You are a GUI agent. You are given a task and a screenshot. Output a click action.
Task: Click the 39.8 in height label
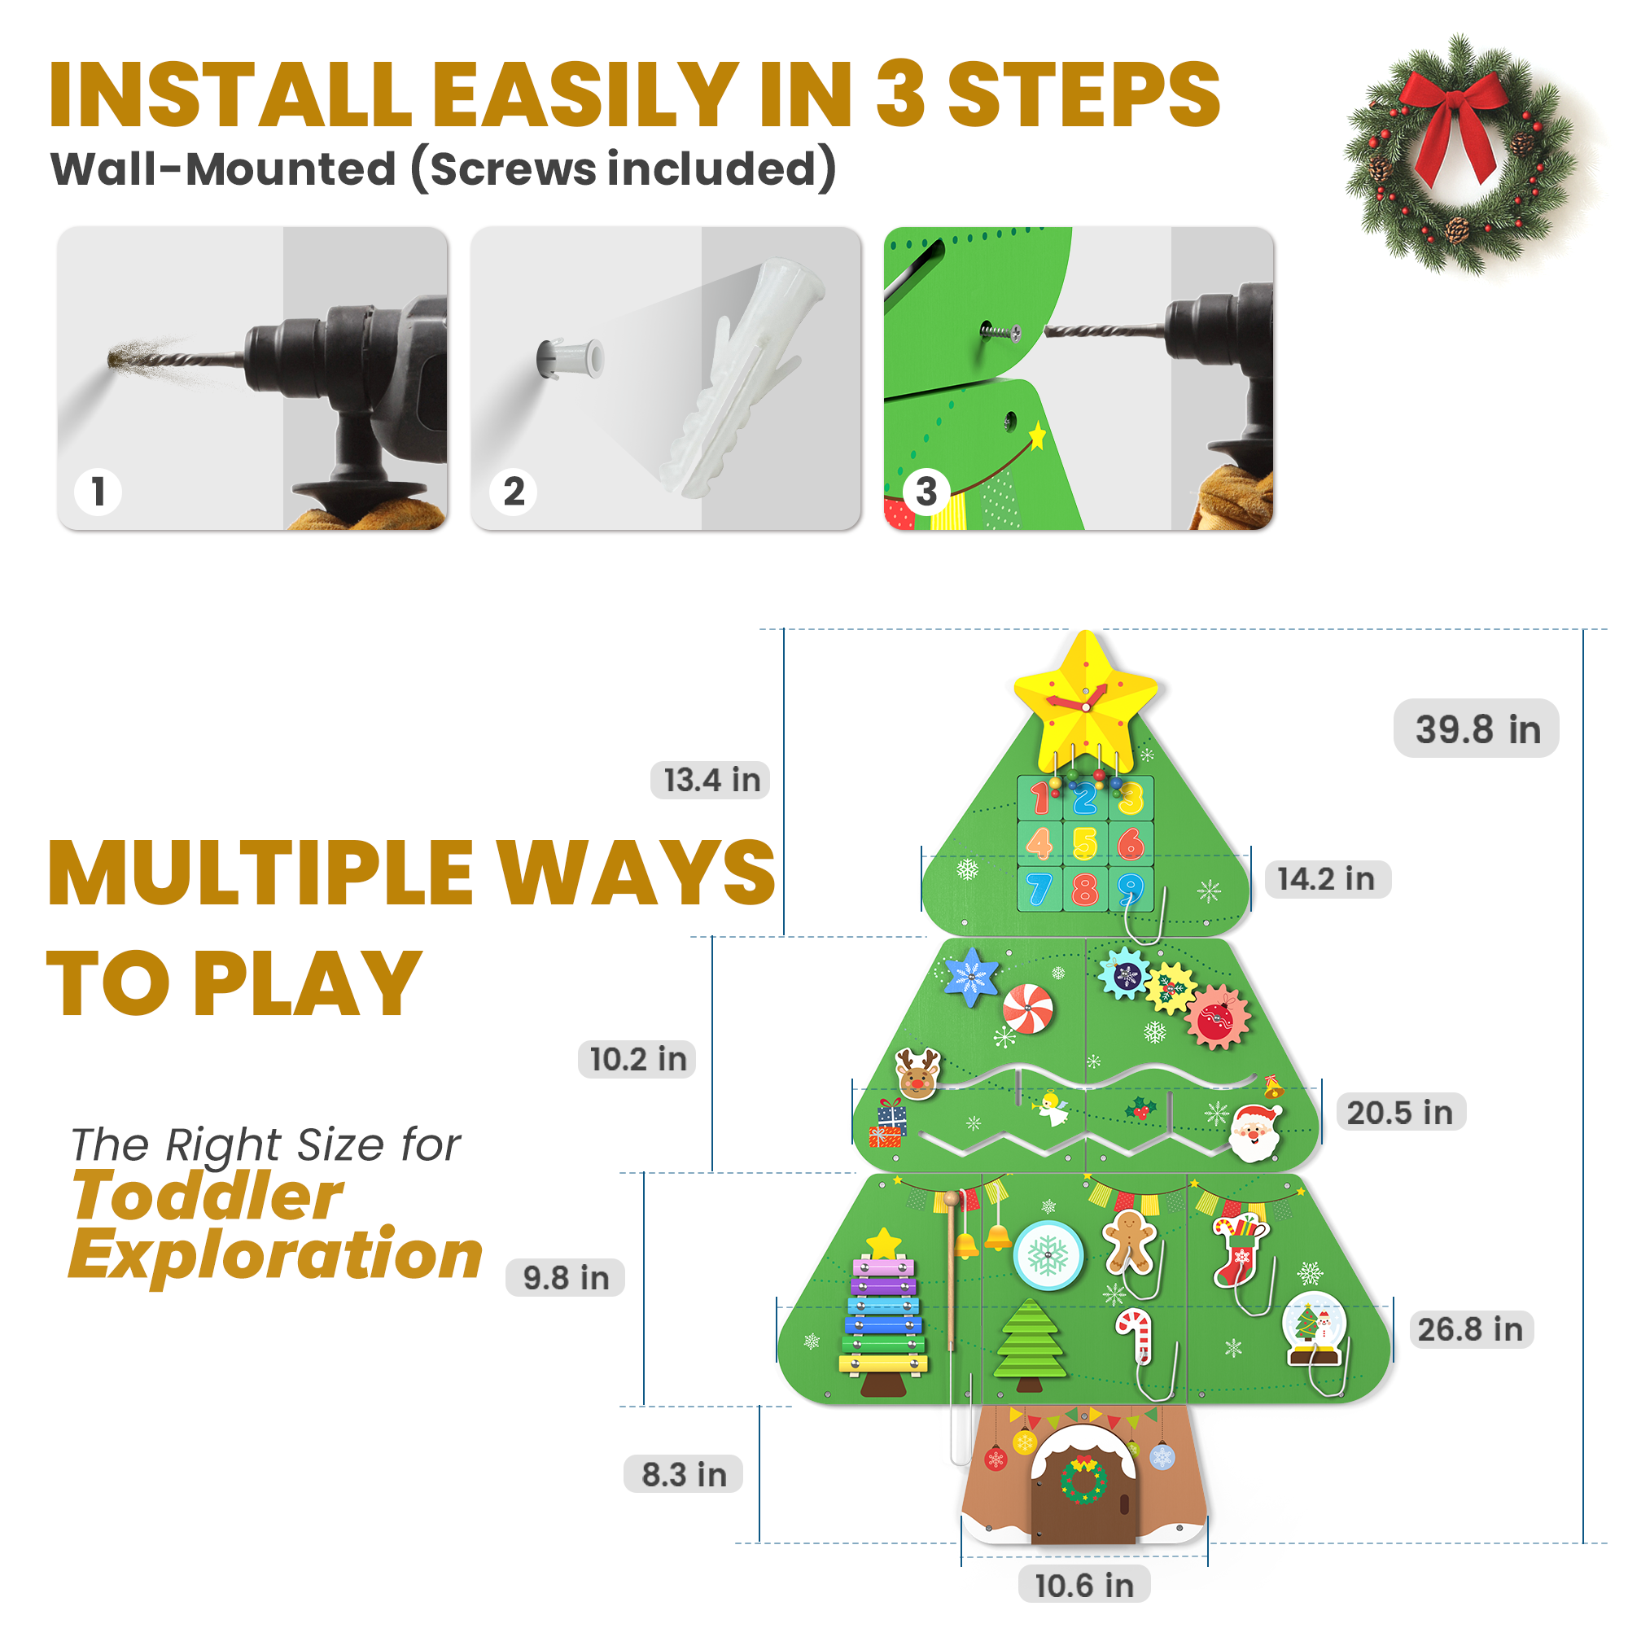1477,729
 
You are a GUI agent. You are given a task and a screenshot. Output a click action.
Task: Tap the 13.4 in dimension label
711,781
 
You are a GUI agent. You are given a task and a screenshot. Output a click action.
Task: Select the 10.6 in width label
1083,1585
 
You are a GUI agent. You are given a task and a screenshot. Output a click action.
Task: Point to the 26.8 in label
1470,1329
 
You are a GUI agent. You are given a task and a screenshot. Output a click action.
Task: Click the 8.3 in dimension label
684,1474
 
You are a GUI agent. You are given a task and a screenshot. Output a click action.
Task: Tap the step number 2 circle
513,492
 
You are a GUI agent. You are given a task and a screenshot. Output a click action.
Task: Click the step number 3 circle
926,492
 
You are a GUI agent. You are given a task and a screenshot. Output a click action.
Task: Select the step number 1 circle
98,492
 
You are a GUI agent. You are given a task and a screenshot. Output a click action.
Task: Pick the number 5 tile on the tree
1085,843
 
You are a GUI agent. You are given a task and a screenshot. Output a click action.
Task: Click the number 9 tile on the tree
1131,889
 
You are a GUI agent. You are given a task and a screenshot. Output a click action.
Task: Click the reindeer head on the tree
917,1074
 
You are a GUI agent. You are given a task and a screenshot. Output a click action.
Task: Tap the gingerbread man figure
1128,1241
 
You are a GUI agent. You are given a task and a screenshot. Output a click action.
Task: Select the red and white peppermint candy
1027,1008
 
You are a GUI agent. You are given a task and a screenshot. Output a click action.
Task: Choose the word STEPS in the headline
1083,94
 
